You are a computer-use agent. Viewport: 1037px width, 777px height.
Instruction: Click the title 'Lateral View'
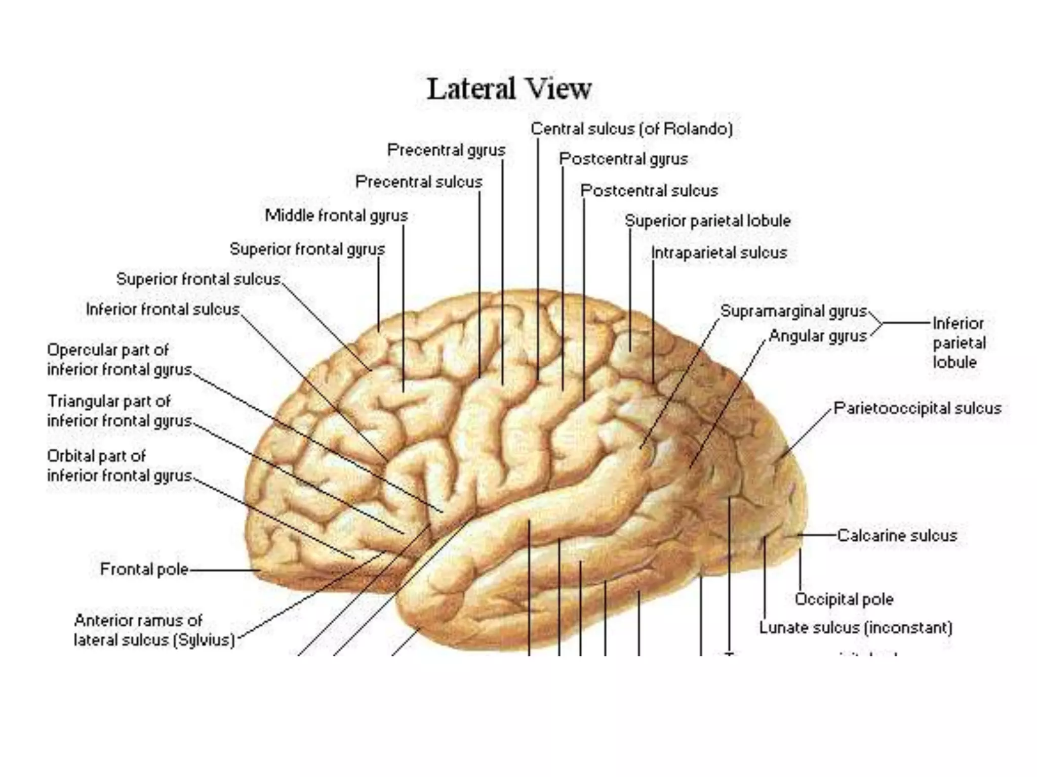pyautogui.click(x=509, y=90)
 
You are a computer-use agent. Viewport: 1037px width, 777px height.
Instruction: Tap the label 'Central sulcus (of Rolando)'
pyautogui.click(x=631, y=129)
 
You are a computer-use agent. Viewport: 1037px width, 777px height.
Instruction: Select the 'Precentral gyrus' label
pyautogui.click(x=446, y=150)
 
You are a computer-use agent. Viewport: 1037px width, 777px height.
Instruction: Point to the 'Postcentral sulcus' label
pyautogui.click(x=649, y=191)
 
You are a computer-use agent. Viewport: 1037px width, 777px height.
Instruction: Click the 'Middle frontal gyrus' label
pyautogui.click(x=336, y=215)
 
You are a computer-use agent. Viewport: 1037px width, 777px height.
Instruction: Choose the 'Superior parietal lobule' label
pyautogui.click(x=707, y=221)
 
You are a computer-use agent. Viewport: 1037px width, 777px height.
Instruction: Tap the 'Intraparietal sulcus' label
pyautogui.click(x=719, y=252)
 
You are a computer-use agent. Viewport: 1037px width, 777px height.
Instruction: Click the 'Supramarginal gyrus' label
pyautogui.click(x=793, y=311)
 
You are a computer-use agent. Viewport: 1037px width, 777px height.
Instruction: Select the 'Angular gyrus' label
pyautogui.click(x=818, y=336)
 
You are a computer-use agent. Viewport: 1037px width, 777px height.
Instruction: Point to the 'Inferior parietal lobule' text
pyautogui.click(x=959, y=343)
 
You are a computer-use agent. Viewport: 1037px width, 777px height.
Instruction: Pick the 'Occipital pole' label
pyautogui.click(x=844, y=599)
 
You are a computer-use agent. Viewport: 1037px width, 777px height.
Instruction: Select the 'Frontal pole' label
pyautogui.click(x=144, y=570)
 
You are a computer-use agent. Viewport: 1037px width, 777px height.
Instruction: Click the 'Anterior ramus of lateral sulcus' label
pyautogui.click(x=154, y=630)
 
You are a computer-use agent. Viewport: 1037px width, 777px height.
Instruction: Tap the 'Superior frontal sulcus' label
pyautogui.click(x=198, y=279)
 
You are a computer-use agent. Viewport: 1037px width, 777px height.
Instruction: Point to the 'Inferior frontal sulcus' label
pyautogui.click(x=163, y=309)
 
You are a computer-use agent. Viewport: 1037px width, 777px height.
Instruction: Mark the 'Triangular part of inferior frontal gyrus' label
pyautogui.click(x=119, y=411)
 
